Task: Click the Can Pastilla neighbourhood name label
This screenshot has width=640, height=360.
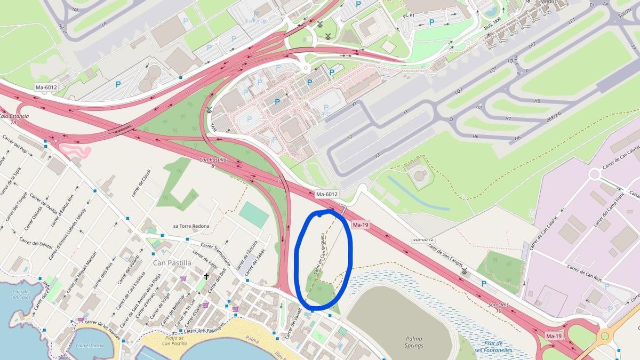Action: (x=171, y=263)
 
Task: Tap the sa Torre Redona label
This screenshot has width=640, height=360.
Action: (x=191, y=226)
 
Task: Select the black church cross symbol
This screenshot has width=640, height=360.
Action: (x=207, y=276)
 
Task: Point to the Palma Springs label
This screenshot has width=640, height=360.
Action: (x=414, y=342)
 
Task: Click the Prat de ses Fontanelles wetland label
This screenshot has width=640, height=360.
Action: (x=493, y=347)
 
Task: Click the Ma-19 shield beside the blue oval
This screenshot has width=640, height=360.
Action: (x=361, y=225)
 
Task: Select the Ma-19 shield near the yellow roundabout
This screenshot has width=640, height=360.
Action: (x=554, y=336)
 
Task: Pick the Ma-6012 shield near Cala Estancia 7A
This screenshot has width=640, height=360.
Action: (x=46, y=87)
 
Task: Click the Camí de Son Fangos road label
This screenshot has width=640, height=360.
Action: (x=442, y=259)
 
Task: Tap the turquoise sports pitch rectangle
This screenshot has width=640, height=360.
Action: (x=254, y=214)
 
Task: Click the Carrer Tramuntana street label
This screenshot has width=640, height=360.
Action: (x=216, y=253)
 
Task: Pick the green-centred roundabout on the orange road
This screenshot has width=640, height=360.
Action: (x=604, y=336)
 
